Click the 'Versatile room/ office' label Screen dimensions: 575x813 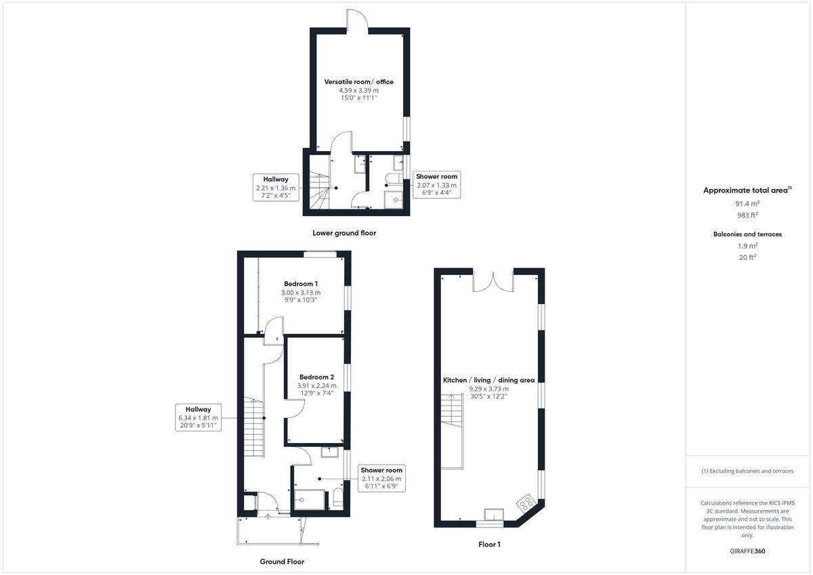tap(358, 82)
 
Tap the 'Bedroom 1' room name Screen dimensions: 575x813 tap(301, 284)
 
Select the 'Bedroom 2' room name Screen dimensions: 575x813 tap(316, 377)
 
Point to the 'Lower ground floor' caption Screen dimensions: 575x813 tap(344, 233)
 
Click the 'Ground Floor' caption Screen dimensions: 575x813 tap(282, 561)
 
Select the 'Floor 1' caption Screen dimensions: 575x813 tap(489, 544)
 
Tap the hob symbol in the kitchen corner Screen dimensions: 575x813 tap(527, 503)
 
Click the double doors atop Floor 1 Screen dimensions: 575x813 tap(493, 281)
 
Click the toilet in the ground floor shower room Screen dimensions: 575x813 tap(337, 501)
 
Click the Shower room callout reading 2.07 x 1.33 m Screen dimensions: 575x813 tap(436, 185)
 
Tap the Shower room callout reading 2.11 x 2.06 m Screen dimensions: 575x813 tap(381, 478)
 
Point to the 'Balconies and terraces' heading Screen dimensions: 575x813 tap(747, 234)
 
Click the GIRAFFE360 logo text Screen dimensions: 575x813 tap(747, 551)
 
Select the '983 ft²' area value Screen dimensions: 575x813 tap(747, 215)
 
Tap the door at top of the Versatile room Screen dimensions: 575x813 tap(357, 20)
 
